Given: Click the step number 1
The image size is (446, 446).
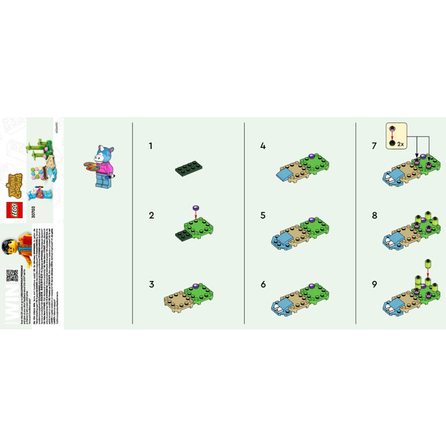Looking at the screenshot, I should click(x=150, y=146).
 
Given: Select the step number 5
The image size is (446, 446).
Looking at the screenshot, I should click(x=263, y=215).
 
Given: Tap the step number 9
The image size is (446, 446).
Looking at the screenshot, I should click(x=375, y=285).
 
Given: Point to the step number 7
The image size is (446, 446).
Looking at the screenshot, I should click(x=375, y=146).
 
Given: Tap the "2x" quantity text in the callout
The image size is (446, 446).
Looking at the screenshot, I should click(x=400, y=145).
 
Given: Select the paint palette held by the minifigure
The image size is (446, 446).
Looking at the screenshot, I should click(x=90, y=168).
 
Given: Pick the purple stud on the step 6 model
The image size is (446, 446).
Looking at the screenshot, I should click(x=311, y=287).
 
